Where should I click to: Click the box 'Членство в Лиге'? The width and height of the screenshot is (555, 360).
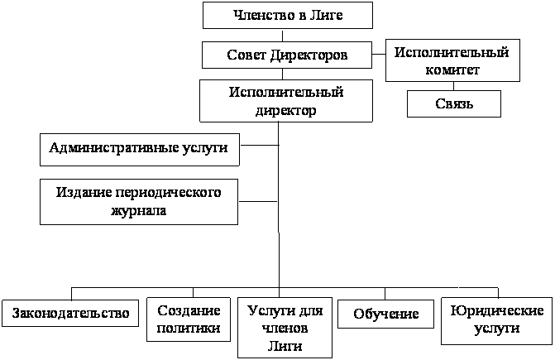tap(287, 15)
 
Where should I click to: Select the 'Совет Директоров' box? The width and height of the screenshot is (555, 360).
tap(287, 55)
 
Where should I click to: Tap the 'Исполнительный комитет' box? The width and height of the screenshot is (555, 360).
tap(452, 60)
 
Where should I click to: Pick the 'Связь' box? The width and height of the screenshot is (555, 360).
tap(454, 103)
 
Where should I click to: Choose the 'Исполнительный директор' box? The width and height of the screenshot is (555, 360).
tap(286, 101)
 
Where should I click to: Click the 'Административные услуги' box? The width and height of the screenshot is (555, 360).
tap(140, 150)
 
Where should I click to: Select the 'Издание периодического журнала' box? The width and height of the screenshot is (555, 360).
tap(139, 202)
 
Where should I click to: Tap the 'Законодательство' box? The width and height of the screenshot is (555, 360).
tap(70, 314)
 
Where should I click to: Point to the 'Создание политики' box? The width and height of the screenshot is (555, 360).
tap(189, 319)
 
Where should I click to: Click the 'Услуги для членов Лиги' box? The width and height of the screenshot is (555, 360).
tap(285, 328)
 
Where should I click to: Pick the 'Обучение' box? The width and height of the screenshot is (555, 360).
tap(385, 314)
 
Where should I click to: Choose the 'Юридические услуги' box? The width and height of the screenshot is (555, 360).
tap(496, 321)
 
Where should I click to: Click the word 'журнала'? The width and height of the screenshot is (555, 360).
tap(139, 210)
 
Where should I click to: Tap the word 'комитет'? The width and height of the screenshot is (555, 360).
tap(452, 70)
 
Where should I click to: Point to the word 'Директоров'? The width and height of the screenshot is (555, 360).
tap(309, 55)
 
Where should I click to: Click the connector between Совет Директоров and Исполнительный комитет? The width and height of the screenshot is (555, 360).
tap(379, 54)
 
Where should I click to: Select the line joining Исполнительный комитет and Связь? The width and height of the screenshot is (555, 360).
tap(453, 86)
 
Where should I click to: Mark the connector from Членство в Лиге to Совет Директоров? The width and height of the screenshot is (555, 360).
tap(282, 35)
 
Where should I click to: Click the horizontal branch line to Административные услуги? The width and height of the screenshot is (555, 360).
tap(259, 145)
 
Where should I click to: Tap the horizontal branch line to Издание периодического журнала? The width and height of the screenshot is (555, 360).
tap(258, 202)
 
